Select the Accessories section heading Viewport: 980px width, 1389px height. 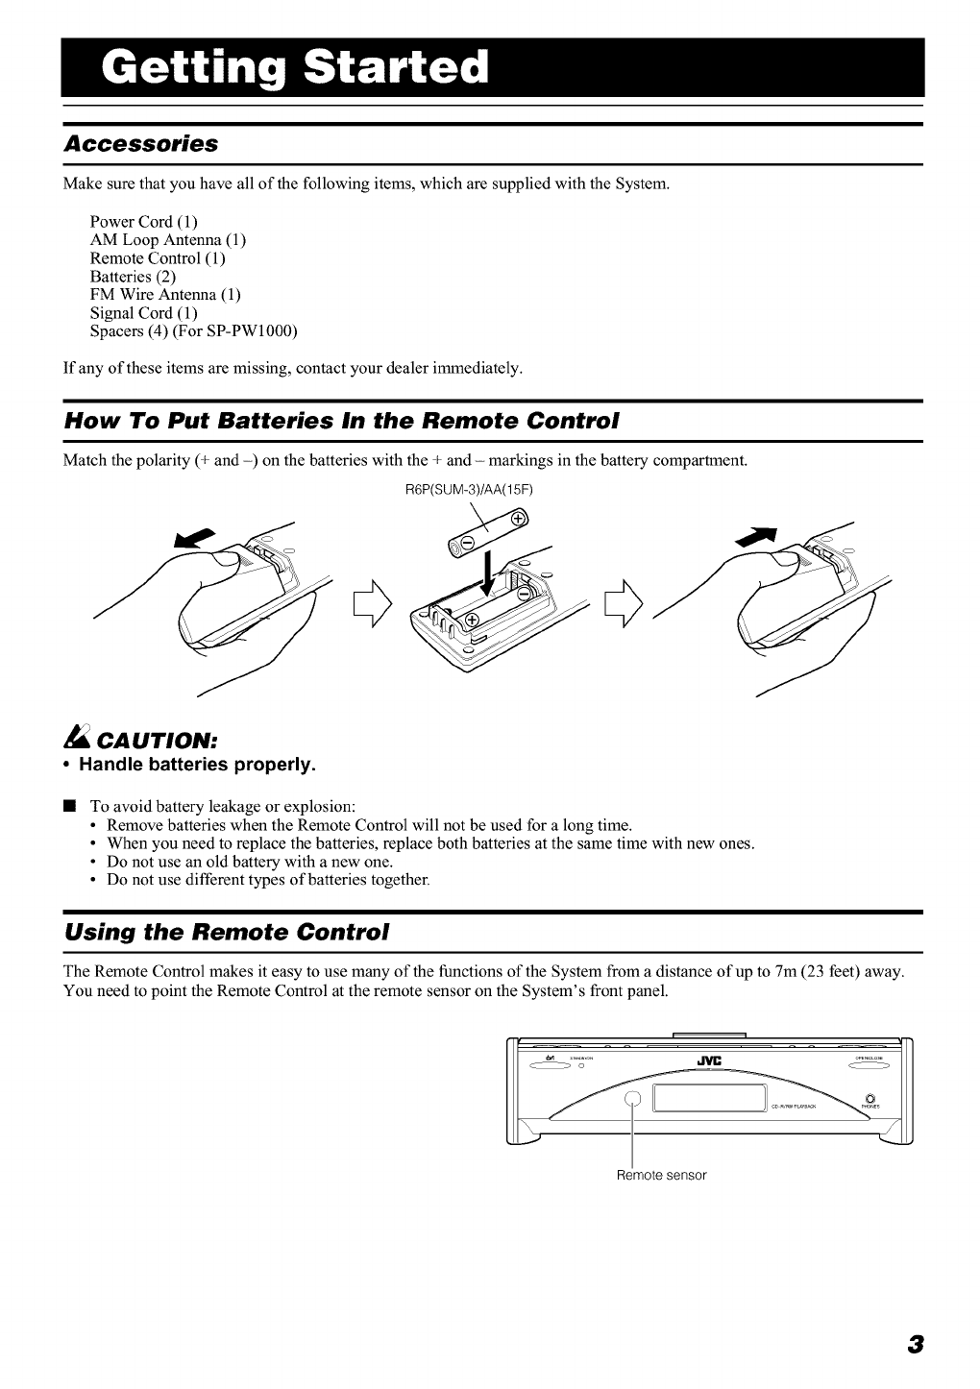[x=141, y=144]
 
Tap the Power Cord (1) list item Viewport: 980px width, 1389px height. [x=143, y=222]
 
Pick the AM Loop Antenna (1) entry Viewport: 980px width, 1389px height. [x=167, y=240]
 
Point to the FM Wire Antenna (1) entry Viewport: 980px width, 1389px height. [x=164, y=295]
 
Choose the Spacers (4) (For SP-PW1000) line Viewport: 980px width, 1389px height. [x=193, y=331]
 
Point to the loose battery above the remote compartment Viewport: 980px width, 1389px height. [x=488, y=535]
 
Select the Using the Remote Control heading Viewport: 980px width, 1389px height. [x=226, y=932]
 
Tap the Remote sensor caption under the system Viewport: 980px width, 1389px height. [x=661, y=1175]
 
